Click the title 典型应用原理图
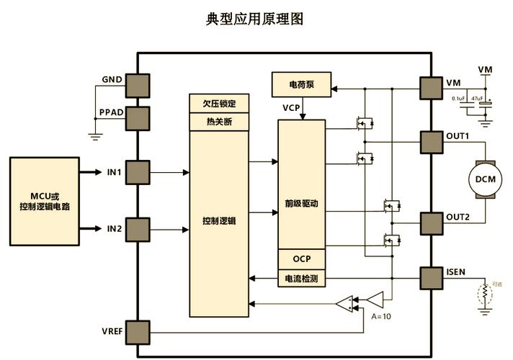[255, 19]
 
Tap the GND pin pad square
[137, 84]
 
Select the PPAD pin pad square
[137, 118]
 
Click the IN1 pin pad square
[137, 173]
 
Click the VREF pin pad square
[137, 332]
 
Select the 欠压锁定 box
[219, 103]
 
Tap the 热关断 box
[219, 122]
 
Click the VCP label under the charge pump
[292, 107]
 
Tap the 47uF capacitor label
[476, 97]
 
